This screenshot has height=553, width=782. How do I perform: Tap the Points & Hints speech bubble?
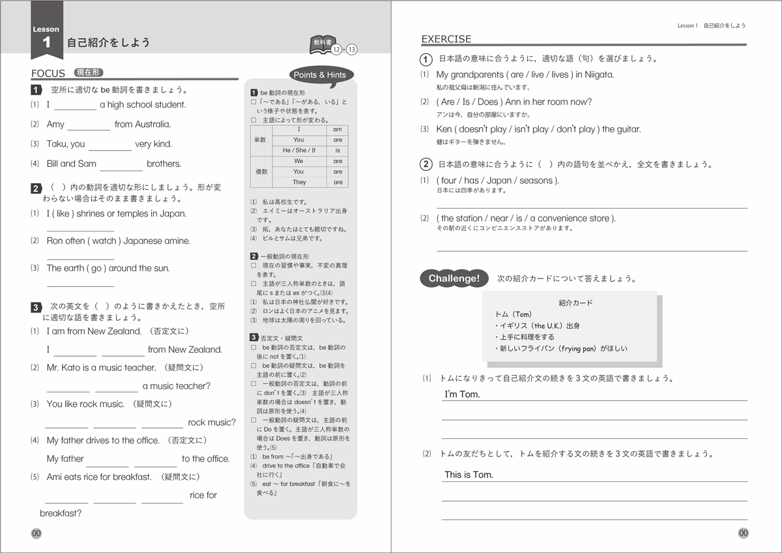click(x=319, y=75)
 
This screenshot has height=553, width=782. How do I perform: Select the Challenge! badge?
click(x=454, y=278)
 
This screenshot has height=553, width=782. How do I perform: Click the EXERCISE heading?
click(x=446, y=39)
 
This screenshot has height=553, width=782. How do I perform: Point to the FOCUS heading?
click(x=48, y=73)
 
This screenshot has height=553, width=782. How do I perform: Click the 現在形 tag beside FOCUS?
click(x=89, y=72)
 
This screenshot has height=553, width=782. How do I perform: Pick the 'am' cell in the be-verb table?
click(x=337, y=130)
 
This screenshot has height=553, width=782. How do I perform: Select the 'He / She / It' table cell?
click(x=298, y=150)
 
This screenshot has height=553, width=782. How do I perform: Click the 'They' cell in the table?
click(x=298, y=183)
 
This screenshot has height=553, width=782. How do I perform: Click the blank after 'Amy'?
click(x=89, y=125)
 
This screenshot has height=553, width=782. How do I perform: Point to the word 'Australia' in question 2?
click(x=151, y=125)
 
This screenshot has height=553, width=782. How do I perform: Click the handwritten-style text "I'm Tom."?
click(x=462, y=395)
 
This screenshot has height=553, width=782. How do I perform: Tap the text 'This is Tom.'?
click(x=469, y=475)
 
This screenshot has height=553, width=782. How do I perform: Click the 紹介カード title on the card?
click(x=575, y=303)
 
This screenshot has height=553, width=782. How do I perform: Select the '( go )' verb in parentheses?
click(x=94, y=269)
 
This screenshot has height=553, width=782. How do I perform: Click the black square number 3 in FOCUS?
click(x=36, y=306)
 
